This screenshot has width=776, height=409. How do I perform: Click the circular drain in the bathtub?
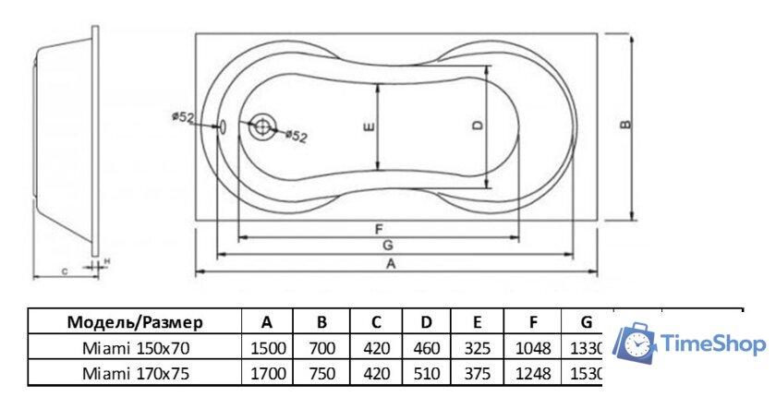tap(262, 126)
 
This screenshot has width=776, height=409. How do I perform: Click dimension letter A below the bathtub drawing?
tap(392, 264)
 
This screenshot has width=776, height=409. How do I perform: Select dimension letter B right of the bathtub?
tap(626, 126)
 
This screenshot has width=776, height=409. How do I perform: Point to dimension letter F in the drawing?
tap(380, 229)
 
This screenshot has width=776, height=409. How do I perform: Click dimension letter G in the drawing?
tap(388, 247)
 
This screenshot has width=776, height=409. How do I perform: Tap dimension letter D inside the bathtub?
tap(477, 126)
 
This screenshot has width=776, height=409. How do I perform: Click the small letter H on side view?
tap(107, 262)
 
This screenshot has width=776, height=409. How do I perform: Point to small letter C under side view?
tap(64, 272)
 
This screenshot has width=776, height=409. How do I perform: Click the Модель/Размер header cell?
tap(135, 322)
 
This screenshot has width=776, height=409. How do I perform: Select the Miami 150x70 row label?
tap(135, 348)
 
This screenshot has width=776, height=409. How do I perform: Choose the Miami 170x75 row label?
tap(135, 373)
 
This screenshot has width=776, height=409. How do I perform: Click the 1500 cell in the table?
tap(267, 348)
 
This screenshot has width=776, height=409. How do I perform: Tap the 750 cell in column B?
tap(321, 373)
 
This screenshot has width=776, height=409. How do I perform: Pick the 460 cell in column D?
tap(426, 348)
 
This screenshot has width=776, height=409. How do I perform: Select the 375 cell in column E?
tap(478, 373)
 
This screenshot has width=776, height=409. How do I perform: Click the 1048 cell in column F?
tap(534, 348)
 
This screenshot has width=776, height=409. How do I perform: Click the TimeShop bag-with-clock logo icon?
tap(635, 344)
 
